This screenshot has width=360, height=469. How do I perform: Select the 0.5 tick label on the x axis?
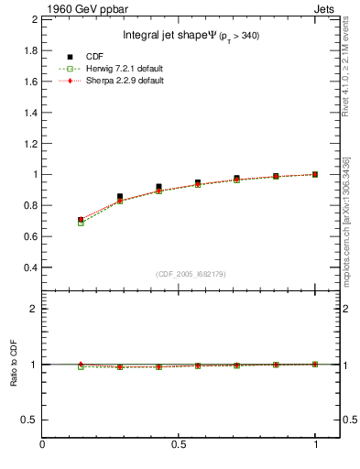(179, 446)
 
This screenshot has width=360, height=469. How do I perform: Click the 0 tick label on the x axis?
(42, 446)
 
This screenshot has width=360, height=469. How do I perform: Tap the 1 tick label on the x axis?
(316, 446)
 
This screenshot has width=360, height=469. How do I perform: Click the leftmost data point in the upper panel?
(81, 221)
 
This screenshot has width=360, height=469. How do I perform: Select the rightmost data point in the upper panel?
(316, 174)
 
